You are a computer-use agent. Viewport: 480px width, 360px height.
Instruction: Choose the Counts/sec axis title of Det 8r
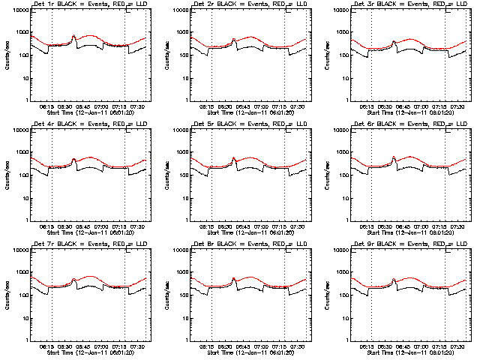166,295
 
